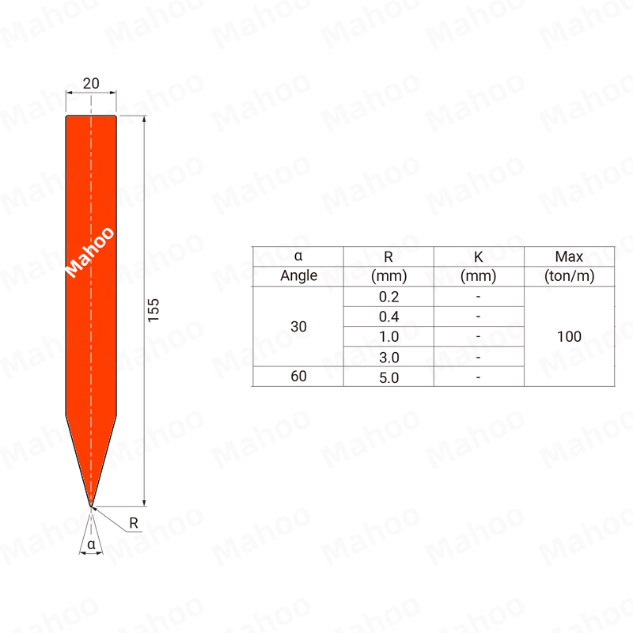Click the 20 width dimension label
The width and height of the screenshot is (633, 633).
pyautogui.click(x=91, y=84)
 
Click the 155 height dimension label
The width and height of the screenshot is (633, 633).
pyautogui.click(x=154, y=310)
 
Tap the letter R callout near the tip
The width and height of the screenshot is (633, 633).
pyautogui.click(x=134, y=523)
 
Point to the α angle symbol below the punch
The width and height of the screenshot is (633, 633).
pyautogui.click(x=91, y=544)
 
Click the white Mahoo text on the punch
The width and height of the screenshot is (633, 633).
pyautogui.click(x=89, y=252)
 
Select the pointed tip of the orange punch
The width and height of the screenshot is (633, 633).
pyautogui.click(x=91, y=506)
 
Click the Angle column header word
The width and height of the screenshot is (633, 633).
pyautogui.click(x=299, y=275)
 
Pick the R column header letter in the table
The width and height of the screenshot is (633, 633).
pyautogui.click(x=389, y=256)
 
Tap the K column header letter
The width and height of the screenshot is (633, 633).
pyautogui.click(x=479, y=256)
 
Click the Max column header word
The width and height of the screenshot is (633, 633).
pyautogui.click(x=569, y=256)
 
